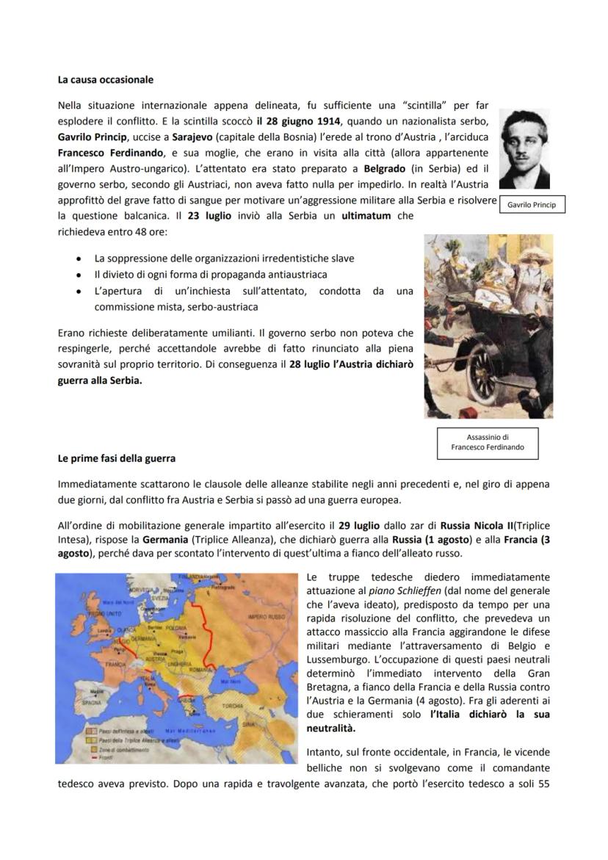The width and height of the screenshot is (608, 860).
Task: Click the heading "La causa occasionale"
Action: [x=105, y=79]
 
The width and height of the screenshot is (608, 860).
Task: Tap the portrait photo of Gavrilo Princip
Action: [x=524, y=149]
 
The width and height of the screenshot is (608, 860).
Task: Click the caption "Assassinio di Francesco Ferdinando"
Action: [x=488, y=442]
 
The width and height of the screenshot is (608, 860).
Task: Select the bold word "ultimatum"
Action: [x=366, y=217]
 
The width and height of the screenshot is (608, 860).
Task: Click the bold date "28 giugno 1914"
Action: [x=293, y=120]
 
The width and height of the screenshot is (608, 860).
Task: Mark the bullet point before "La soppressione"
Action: [x=79, y=259]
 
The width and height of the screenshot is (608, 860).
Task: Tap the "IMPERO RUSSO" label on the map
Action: [x=267, y=617]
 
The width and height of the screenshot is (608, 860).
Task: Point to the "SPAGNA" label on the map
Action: [x=91, y=702]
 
